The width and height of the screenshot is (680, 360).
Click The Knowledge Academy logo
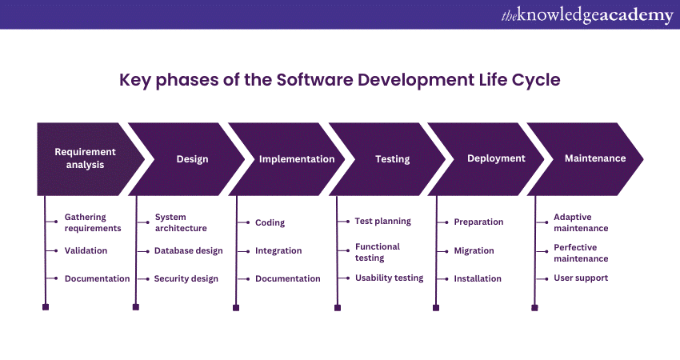pyautogui.click(x=587, y=16)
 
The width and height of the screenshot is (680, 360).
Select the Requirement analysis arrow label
pyautogui.click(x=85, y=158)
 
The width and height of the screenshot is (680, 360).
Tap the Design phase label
pyautogui.click(x=192, y=159)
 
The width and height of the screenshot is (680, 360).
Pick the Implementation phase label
pyautogui.click(x=297, y=159)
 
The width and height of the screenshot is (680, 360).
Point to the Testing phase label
pyautogui.click(x=393, y=159)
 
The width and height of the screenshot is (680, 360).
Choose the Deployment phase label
pyautogui.click(x=496, y=158)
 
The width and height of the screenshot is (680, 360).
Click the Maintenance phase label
pyautogui.click(x=595, y=158)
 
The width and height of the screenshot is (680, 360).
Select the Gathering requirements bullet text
pyautogui.click(x=93, y=222)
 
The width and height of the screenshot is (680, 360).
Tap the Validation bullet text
pyautogui.click(x=86, y=250)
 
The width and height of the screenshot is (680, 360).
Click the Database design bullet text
pyautogui.click(x=189, y=250)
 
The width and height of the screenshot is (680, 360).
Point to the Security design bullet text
pyautogui.click(x=186, y=279)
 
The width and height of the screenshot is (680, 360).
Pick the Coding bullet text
pyautogui.click(x=270, y=222)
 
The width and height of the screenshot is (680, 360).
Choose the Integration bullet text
pyautogui.click(x=278, y=250)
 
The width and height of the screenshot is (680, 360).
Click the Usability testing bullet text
pyautogui.click(x=389, y=278)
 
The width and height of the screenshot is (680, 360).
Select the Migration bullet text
pyautogui.click(x=474, y=250)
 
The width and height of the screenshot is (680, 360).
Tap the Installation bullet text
pyautogui.click(x=478, y=278)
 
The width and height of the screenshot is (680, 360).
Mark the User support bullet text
pyautogui.click(x=581, y=278)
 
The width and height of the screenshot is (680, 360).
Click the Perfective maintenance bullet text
pyautogui.click(x=581, y=253)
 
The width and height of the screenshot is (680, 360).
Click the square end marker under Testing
pyautogui.click(x=338, y=308)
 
